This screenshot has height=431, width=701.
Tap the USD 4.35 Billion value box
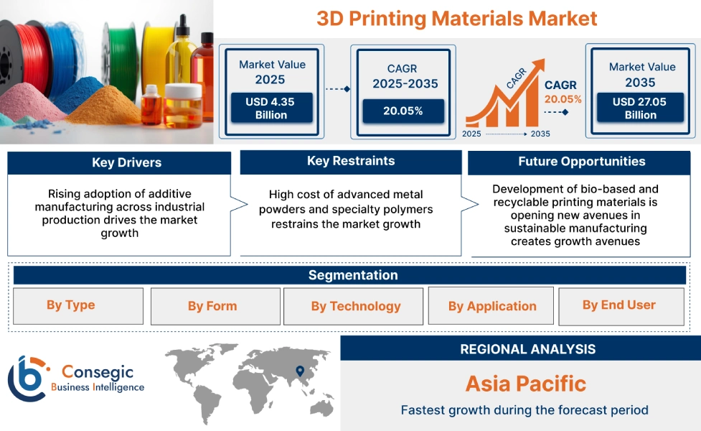coord(270,108)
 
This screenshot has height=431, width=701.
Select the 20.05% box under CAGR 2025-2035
coord(403,111)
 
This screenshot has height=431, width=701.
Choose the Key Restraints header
coord(350,162)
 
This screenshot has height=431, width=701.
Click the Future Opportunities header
coord(582,162)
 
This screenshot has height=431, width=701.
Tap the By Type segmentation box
coord(71,305)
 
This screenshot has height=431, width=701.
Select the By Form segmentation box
coord(212,306)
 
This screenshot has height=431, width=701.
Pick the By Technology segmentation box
coord(356,306)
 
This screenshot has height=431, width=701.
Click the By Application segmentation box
coord(492,306)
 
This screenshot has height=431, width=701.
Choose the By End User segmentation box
coord(619,305)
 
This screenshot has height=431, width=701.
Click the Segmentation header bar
coord(353,275)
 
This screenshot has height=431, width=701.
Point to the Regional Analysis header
coord(527,349)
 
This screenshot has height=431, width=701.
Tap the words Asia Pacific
coord(526,384)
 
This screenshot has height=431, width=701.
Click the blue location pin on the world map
coord(298,371)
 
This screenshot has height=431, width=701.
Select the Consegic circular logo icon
coord(27,378)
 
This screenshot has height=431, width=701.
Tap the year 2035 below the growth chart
coord(540,134)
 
